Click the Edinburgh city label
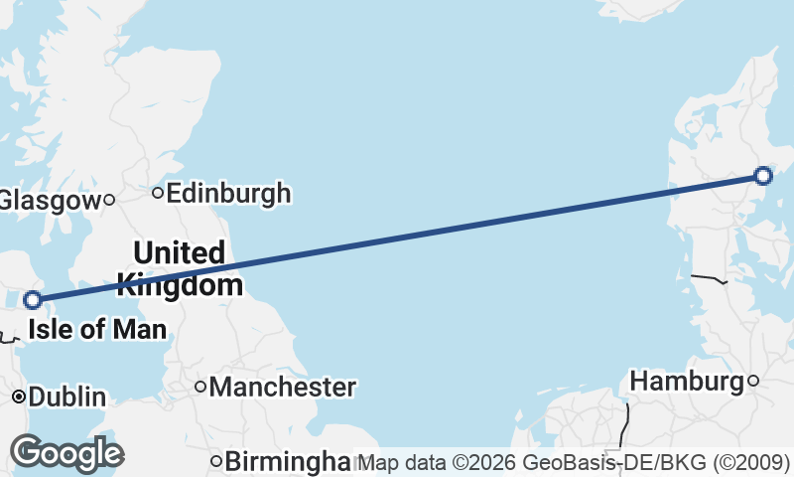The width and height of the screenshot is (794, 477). tap(228, 192)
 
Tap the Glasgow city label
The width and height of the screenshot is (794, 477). tap(47, 200)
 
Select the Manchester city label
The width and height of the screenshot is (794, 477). tap(282, 387)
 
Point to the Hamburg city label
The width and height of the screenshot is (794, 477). tap(687, 381)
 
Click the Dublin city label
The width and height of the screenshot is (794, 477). tap(66, 397)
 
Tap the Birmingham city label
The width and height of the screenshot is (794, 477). tap(288, 462)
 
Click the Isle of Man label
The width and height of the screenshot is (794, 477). tap(95, 329)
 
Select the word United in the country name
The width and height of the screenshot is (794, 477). tap(179, 253)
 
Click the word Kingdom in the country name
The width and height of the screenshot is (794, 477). tap(179, 286)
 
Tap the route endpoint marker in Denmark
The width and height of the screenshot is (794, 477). tap(762, 176)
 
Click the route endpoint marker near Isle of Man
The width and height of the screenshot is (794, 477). tap(33, 299)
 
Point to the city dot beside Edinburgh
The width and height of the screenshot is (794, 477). tap(158, 192)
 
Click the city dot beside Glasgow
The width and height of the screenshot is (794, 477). tap(109, 200)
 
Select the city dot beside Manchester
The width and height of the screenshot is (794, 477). tap(200, 387)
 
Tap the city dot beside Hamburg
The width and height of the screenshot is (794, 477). tap(753, 381)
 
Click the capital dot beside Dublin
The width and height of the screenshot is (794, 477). tap(19, 397)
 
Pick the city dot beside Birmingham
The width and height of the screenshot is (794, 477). tap(215, 461)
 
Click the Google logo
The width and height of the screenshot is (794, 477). tap(66, 453)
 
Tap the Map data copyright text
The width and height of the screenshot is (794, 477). tap(574, 462)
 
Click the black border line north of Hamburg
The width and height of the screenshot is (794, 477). tap(710, 277)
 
